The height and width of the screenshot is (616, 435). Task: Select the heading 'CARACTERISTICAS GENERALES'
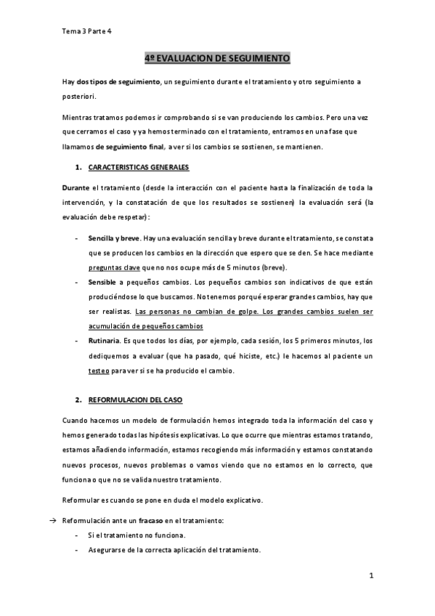click(x=138, y=168)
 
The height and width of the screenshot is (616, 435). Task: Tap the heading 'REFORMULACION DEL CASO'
click(x=136, y=400)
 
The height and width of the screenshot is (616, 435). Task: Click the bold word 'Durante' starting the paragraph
click(x=76, y=187)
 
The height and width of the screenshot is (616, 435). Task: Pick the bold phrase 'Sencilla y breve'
click(x=114, y=238)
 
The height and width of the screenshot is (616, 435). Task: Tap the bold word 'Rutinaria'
click(x=105, y=341)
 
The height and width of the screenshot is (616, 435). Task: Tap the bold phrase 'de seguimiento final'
click(x=133, y=147)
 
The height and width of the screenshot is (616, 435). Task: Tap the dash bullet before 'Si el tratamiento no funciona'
click(x=78, y=535)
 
